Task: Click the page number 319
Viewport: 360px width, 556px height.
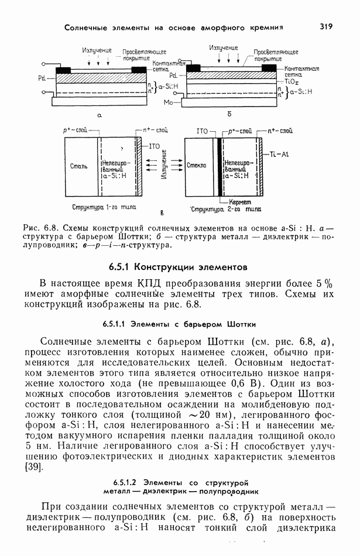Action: pyautogui.click(x=326, y=26)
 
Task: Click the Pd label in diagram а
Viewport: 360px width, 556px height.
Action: pyautogui.click(x=40, y=77)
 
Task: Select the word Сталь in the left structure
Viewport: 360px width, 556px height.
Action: pyautogui.click(x=78, y=166)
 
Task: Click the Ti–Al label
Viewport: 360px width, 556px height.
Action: pyautogui.click(x=280, y=154)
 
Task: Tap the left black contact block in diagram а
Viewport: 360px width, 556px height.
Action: pyautogui.click(x=63, y=71)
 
